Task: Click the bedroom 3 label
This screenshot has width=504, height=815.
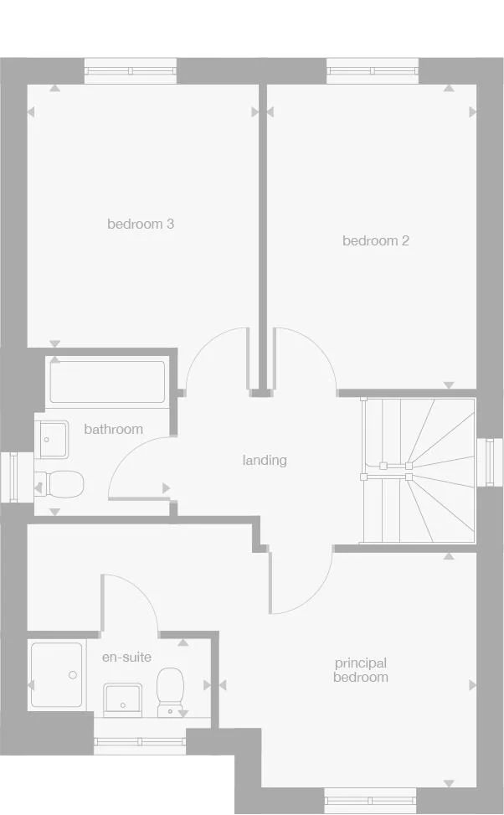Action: point(141,224)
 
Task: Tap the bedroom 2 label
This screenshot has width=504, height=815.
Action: point(376,240)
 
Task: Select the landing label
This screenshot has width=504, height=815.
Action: point(265,460)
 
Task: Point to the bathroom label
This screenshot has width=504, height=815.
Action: point(113,429)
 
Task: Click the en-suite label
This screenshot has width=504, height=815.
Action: point(126,657)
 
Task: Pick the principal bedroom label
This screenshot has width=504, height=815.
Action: point(360,670)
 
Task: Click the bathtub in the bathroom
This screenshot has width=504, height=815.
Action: point(107,383)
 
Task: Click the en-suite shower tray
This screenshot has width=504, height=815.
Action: point(56,675)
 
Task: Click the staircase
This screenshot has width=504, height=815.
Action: point(418,470)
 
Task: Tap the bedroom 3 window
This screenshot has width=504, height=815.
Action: point(131,70)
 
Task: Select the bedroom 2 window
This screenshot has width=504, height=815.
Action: point(372,70)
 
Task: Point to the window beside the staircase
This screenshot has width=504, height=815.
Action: point(490,461)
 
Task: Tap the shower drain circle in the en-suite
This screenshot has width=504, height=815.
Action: point(73,674)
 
